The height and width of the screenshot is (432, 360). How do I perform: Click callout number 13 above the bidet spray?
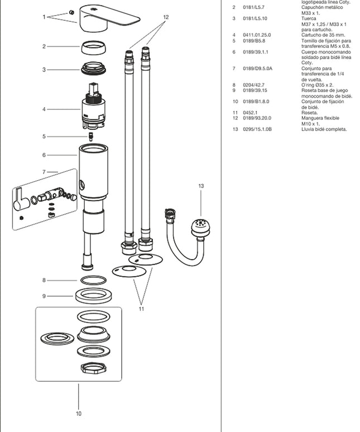[201, 186]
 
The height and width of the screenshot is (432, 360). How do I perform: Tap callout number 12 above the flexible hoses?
[166, 17]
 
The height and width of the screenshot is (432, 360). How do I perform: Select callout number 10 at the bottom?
[79, 413]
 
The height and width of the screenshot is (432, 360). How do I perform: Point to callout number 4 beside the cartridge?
[44, 109]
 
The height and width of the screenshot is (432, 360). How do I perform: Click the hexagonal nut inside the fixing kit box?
[94, 367]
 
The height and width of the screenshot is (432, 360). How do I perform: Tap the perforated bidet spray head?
[200, 227]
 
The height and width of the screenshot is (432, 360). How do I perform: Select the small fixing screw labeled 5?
[90, 137]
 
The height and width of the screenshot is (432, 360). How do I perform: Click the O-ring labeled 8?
[93, 281]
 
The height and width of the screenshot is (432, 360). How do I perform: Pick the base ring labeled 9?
[93, 296]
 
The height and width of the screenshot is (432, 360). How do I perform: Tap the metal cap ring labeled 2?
[93, 47]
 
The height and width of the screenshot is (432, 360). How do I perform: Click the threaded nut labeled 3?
[94, 68]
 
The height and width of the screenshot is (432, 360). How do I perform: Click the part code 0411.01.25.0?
[257, 35]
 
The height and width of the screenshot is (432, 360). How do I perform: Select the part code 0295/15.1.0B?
[257, 129]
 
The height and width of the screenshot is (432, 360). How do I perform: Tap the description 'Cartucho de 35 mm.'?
[323, 35]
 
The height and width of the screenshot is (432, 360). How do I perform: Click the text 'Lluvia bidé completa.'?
[324, 129]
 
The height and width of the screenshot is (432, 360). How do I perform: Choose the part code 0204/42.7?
[253, 85]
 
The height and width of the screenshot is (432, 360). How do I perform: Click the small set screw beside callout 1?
[71, 12]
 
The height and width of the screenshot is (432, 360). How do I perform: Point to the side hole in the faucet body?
[81, 184]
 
